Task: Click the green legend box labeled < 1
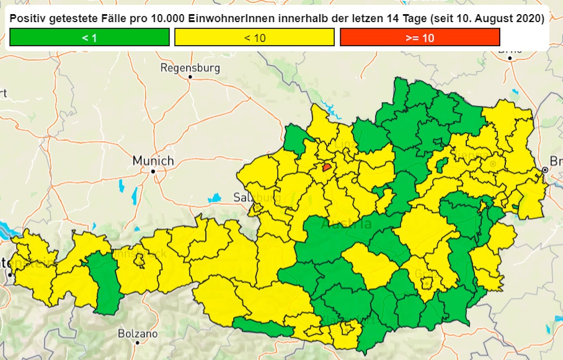pyautogui.click(x=89, y=37)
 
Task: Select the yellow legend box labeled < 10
pyautogui.click(x=254, y=37)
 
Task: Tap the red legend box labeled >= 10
pyautogui.click(x=419, y=37)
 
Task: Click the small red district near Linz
pyautogui.click(x=327, y=167)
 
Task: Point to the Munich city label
pyautogui.click(x=153, y=161)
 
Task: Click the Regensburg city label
pyautogui.click(x=190, y=68)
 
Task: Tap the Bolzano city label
pyautogui.click(x=137, y=333)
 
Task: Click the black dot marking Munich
pyautogui.click(x=153, y=170)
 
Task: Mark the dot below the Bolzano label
pyautogui.click(x=137, y=342)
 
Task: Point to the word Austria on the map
pyautogui.click(x=346, y=224)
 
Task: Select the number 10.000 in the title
pyautogui.click(x=170, y=19)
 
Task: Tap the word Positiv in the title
pyautogui.click(x=28, y=19)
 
